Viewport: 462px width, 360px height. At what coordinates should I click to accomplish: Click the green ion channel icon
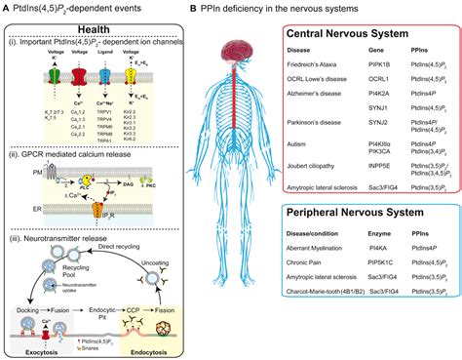pyautogui.click(x=54, y=76)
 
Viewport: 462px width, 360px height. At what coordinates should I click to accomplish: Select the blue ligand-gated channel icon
pyautogui.click(x=104, y=76)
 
